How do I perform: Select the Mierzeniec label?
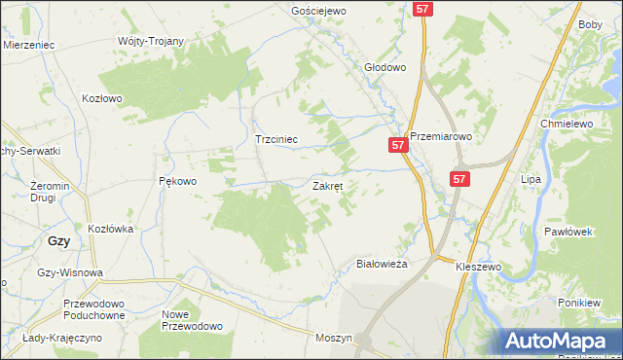click(27, 45)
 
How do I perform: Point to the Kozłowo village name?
click(102, 98)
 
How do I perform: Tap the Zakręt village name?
click(327, 185)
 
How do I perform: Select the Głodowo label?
click(384, 68)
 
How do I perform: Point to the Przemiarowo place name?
click(440, 137)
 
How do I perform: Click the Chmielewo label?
click(567, 125)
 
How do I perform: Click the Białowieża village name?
click(381, 264)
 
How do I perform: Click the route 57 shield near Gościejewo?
click(421, 8)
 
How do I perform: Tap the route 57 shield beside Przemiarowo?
click(397, 145)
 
